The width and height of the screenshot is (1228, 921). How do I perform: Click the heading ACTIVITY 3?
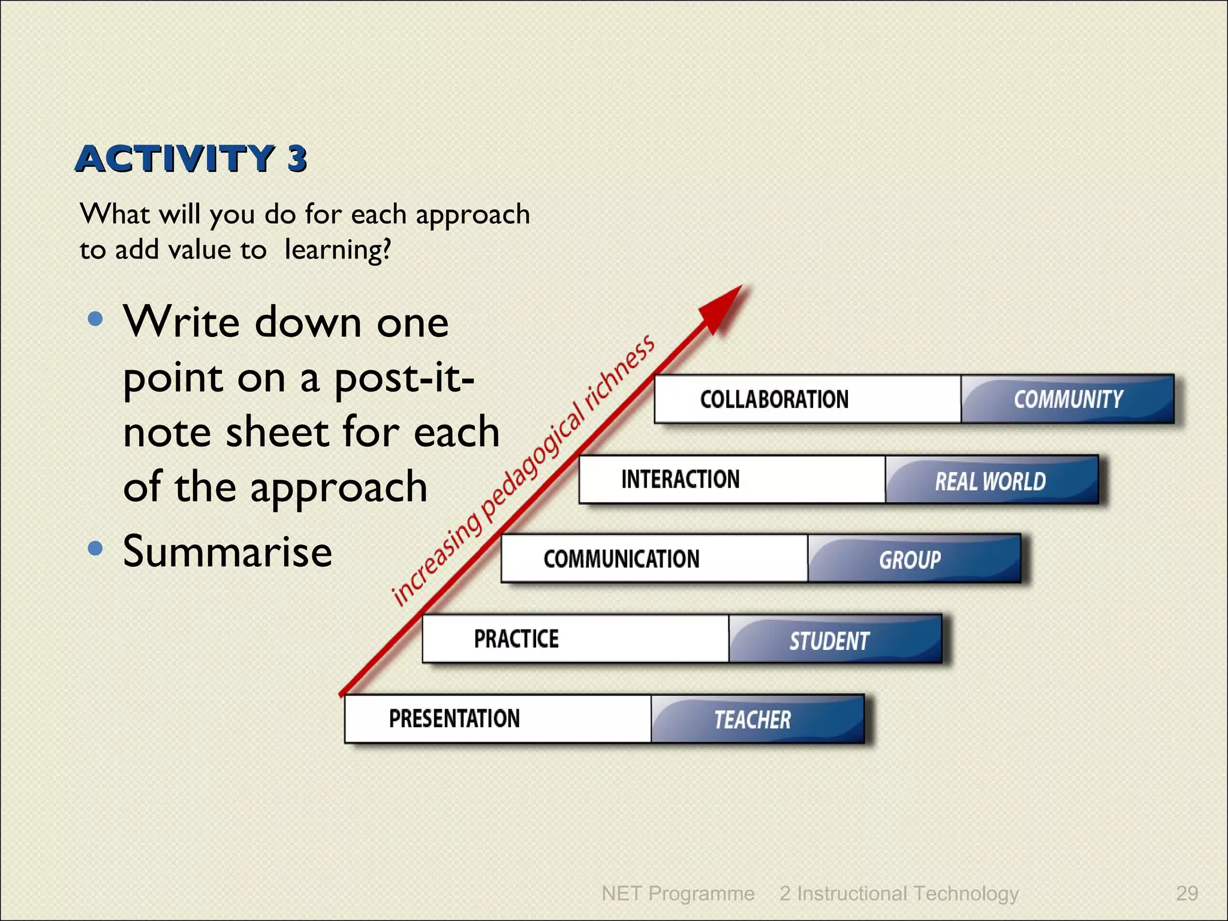tap(191, 159)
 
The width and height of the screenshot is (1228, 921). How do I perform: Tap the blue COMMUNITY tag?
tap(1068, 399)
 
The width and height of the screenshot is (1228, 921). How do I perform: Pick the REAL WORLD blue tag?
tap(991, 481)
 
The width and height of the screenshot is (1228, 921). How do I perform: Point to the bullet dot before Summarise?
tap(95, 548)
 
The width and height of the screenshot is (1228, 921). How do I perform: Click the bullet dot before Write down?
tap(95, 318)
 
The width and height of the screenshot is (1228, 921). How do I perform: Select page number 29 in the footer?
tap(1187, 893)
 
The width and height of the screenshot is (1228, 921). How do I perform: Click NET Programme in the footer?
tap(678, 893)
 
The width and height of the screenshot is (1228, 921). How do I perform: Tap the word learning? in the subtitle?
tap(338, 249)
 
